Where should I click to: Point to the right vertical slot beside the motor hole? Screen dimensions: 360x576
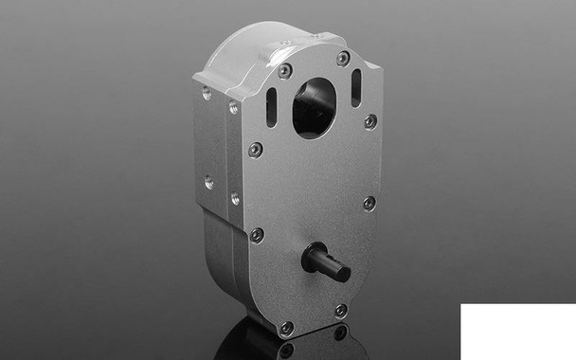356,86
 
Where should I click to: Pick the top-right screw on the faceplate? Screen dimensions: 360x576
343,59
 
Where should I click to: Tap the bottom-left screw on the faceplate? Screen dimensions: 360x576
286,328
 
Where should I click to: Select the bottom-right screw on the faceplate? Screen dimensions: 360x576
341,310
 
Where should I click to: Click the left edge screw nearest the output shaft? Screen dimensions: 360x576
255,234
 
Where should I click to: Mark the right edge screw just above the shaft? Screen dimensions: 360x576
369,203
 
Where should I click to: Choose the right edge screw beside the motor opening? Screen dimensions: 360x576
370,121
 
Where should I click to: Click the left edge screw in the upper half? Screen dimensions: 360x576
255,149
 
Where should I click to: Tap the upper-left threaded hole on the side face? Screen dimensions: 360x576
207,93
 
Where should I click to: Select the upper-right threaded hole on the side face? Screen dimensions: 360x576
233,108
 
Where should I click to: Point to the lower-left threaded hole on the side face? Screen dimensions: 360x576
208,182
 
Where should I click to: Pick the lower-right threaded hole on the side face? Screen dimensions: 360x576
234,198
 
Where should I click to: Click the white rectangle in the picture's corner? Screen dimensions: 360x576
518,332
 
